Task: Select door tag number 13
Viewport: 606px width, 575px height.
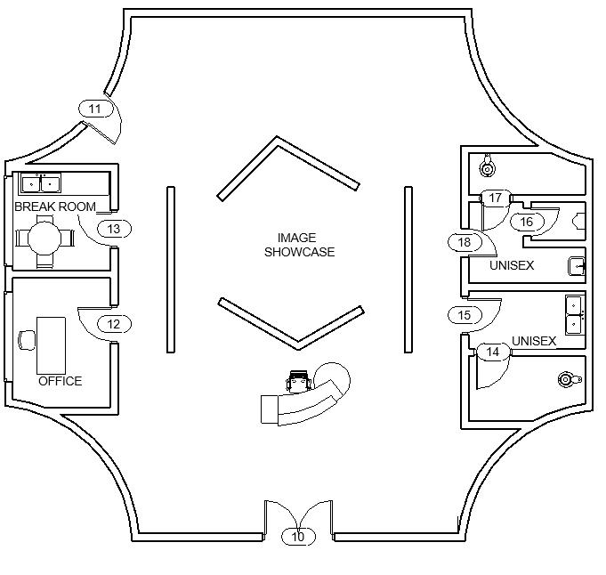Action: (114, 229)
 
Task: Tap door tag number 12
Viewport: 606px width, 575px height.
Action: (113, 325)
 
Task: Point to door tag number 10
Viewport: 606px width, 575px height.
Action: (298, 537)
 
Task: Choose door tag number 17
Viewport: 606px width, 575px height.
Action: (497, 198)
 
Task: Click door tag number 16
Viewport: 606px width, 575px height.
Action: (526, 222)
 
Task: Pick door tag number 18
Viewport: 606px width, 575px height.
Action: (464, 242)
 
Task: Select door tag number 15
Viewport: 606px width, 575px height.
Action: (464, 315)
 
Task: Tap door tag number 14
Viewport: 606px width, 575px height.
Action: (493, 352)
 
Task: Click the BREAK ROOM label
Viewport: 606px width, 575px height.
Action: (55, 207)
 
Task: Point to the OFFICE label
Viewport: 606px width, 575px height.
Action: (60, 381)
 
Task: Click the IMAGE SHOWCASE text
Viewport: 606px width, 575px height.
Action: (299, 245)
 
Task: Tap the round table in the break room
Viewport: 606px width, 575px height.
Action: (42, 238)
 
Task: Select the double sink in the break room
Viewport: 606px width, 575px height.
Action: (41, 184)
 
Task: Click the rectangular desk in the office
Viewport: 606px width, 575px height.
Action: (51, 344)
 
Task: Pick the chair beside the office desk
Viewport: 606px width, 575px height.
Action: (26, 339)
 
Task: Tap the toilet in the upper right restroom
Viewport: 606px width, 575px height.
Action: (487, 166)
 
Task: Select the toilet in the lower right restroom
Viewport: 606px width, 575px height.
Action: (565, 380)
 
